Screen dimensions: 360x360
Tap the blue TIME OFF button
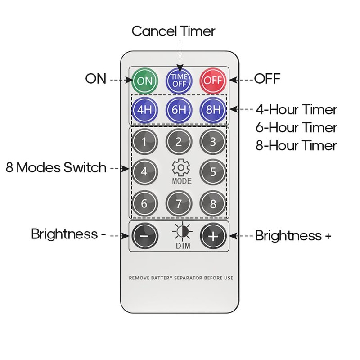point(179,81)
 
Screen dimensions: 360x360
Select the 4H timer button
point(144,109)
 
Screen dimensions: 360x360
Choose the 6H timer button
point(179,109)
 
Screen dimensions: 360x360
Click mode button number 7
point(179,203)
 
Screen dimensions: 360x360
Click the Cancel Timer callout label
point(173,31)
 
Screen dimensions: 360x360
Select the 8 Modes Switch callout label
point(56,168)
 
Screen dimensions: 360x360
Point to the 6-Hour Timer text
point(297,127)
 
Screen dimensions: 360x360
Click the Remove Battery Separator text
point(181,278)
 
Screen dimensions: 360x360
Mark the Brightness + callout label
point(293,235)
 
